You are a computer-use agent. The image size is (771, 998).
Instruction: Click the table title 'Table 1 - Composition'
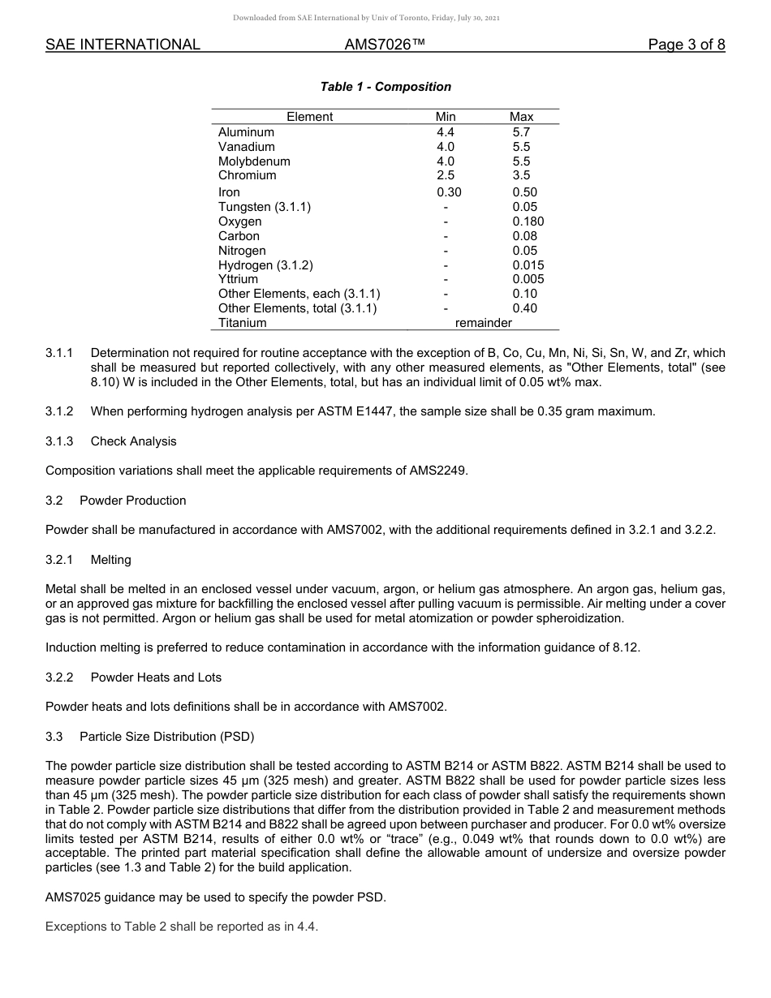[385, 87]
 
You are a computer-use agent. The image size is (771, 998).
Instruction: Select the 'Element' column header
[309, 117]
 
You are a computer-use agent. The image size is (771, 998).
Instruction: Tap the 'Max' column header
[521, 117]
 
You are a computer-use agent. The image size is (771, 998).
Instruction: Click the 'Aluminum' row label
[246, 132]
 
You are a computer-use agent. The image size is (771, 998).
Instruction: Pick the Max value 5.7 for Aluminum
[521, 132]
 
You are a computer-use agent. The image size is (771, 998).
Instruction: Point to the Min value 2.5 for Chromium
[446, 175]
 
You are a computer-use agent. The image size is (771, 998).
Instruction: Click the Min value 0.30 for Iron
[448, 192]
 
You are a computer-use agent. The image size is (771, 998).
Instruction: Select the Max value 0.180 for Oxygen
[528, 222]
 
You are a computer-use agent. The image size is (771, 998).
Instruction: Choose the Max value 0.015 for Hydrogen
[528, 265]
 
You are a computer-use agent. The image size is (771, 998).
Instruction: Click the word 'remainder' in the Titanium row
[484, 323]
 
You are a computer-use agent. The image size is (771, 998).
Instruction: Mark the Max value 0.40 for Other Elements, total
[524, 308]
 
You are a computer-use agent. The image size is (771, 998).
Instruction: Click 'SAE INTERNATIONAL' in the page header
[123, 45]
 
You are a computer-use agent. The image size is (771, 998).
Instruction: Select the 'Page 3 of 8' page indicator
[686, 45]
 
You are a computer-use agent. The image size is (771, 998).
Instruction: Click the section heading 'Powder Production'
[132, 501]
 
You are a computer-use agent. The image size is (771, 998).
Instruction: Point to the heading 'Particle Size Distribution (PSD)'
[166, 737]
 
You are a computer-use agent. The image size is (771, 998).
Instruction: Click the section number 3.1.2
[59, 411]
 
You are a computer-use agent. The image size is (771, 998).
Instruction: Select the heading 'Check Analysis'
[133, 441]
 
